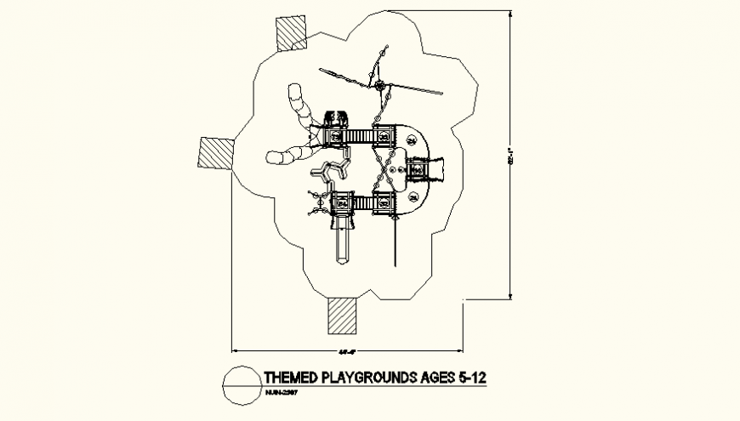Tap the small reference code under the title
click(282, 393)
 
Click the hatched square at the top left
click(289, 32)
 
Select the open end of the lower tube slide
click(272, 157)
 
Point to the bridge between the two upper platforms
click(361, 136)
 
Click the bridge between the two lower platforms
click(361, 202)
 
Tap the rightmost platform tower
click(418, 170)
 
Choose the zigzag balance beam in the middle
click(332, 168)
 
